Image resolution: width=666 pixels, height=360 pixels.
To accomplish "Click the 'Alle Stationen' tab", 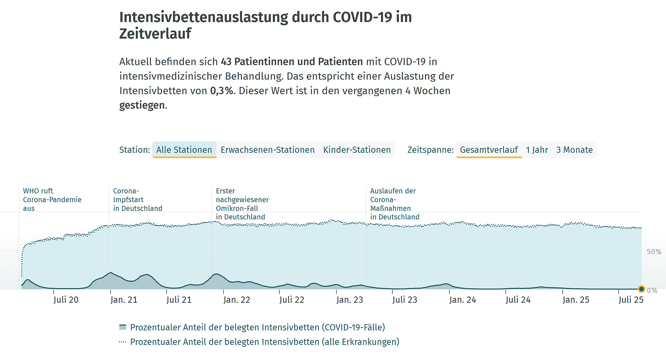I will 184,150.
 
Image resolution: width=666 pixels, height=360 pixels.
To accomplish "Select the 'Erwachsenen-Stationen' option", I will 268,150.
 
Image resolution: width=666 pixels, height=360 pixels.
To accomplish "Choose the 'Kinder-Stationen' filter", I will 357,150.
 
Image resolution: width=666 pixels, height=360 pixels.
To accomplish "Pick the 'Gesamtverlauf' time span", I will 489,150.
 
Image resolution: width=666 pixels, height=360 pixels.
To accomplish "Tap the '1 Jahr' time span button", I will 537,150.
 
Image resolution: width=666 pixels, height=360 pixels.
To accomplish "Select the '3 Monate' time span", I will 574,150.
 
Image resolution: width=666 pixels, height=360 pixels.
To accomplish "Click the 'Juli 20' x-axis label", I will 66,300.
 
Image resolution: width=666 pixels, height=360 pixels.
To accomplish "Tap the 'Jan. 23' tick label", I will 349,300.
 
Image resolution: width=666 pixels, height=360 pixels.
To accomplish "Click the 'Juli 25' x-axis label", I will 631,300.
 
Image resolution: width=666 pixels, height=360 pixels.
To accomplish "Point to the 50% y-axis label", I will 654,252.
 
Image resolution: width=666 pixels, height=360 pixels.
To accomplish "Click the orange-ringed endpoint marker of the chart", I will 641,289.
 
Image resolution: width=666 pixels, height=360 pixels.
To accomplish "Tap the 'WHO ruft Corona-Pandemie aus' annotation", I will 52,199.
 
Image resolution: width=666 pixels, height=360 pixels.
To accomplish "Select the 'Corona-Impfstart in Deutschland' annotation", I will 137,199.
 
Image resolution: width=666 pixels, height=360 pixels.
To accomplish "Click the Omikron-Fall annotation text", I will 242,204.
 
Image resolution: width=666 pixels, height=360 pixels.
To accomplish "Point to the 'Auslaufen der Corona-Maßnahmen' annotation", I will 394,204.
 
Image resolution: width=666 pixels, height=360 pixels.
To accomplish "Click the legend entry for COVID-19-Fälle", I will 258,327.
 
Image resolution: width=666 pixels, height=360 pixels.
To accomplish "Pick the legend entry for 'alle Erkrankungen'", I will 264,342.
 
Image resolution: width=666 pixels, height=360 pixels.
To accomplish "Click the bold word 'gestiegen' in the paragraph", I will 142,105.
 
